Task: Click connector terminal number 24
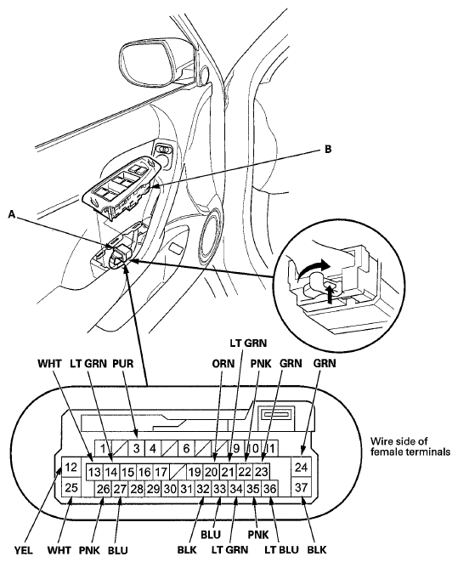point(301,467)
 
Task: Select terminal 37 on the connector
point(301,487)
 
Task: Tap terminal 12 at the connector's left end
point(71,467)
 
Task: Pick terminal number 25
point(71,487)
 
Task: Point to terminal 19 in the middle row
point(195,472)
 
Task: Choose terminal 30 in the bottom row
point(170,489)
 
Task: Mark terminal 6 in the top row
point(186,448)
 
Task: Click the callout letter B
point(328,149)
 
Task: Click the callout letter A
point(12,214)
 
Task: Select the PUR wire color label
point(123,363)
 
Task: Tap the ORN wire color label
point(223,363)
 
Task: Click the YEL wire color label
point(24,550)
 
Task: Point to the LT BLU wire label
point(281,550)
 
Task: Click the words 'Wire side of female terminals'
point(410,446)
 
